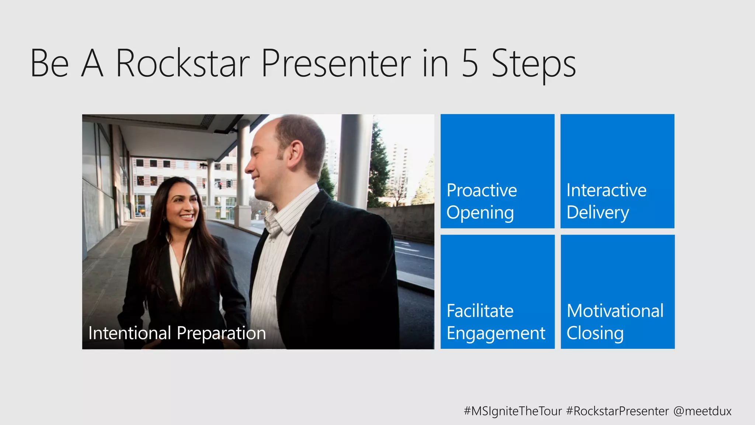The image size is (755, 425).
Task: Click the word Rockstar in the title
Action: (x=183, y=63)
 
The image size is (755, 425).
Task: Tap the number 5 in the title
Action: (x=470, y=63)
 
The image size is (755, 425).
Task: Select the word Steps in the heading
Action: (x=533, y=63)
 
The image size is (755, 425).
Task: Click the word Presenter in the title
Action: (x=336, y=63)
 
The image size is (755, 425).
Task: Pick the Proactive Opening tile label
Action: (x=481, y=201)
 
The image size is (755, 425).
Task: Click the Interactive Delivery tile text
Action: (x=606, y=201)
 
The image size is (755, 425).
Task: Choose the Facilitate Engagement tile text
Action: (x=495, y=322)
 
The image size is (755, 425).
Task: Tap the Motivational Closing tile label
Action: (x=615, y=322)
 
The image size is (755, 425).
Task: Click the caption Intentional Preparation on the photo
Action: (x=177, y=333)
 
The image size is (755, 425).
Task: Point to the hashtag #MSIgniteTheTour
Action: (x=512, y=411)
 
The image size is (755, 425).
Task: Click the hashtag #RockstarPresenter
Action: (x=617, y=411)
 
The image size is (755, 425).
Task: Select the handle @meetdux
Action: (x=702, y=411)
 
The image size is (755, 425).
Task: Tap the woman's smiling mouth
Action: (x=187, y=217)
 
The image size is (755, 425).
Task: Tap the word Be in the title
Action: (x=49, y=63)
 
